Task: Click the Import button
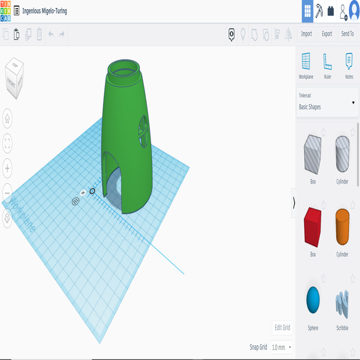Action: coord(307,34)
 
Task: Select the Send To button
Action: coord(347,34)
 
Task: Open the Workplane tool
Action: coord(306,65)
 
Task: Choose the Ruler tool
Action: coord(327,65)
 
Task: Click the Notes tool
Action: coord(349,65)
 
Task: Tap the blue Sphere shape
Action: coord(313,299)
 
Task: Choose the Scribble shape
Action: coord(342,303)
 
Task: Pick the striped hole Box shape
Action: coord(312,154)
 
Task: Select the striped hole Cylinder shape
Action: coord(342,154)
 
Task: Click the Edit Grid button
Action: coord(283,327)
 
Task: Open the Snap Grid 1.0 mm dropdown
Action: coord(282,347)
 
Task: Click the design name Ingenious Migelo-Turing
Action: coord(44,10)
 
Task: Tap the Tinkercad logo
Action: coord(5,10)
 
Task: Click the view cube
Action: coord(15,77)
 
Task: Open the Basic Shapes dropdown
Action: coord(327,103)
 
